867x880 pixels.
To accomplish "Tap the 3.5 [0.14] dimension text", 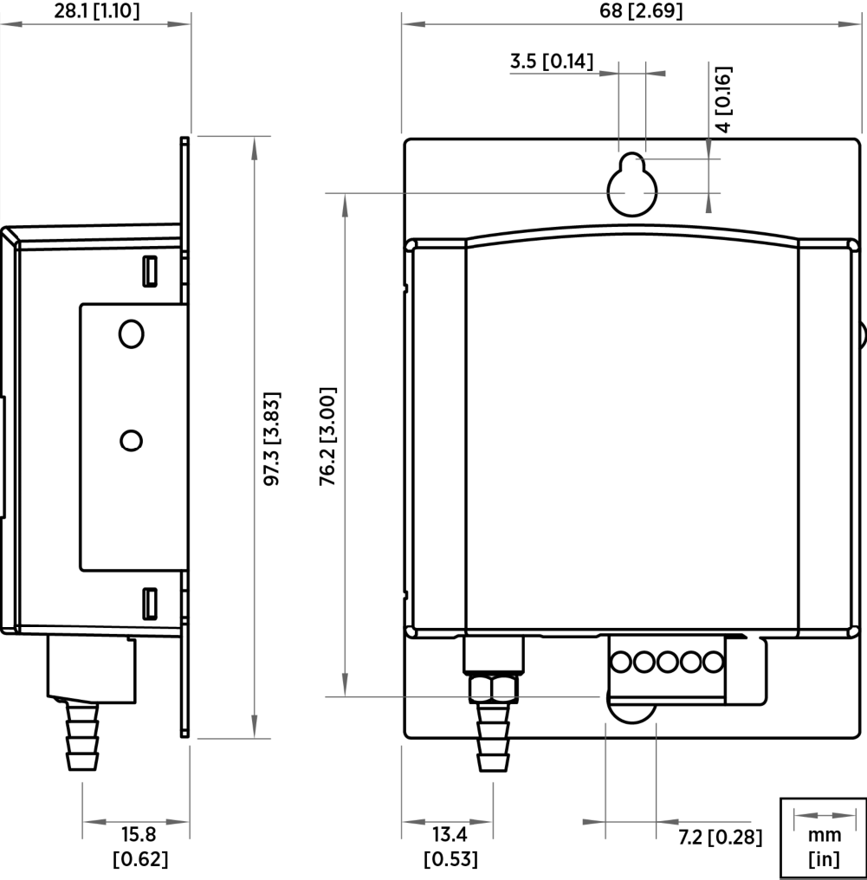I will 551,61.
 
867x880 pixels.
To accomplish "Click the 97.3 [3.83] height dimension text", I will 272,437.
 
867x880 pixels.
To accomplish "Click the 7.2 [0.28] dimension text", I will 720,838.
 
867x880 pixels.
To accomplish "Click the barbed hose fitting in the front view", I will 493,738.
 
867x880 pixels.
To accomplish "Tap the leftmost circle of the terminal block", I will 621,663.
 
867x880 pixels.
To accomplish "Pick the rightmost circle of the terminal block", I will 713,663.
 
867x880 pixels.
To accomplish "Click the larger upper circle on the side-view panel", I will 131,334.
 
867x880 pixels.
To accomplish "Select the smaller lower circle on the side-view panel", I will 131,441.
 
